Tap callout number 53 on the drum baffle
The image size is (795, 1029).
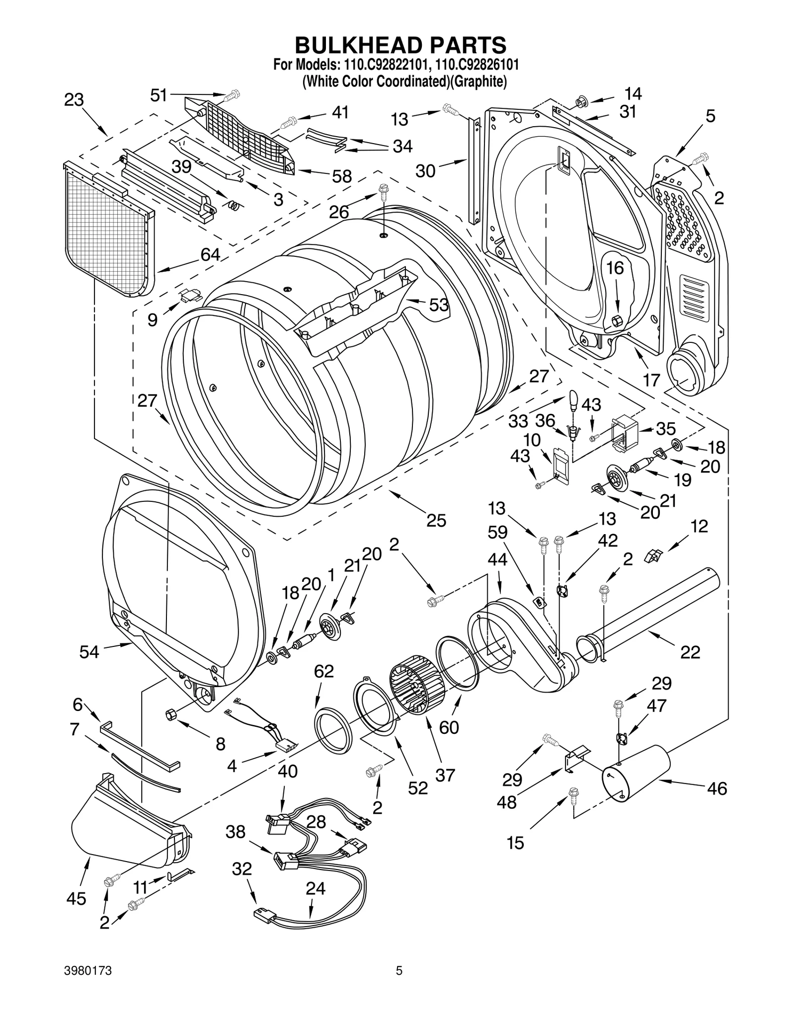click(x=438, y=305)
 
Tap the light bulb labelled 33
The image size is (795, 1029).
click(x=573, y=400)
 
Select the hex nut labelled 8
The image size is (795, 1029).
click(x=170, y=714)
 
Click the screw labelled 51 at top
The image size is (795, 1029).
click(x=232, y=94)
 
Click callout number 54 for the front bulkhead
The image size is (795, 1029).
click(x=89, y=651)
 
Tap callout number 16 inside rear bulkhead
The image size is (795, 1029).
click(x=615, y=268)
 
